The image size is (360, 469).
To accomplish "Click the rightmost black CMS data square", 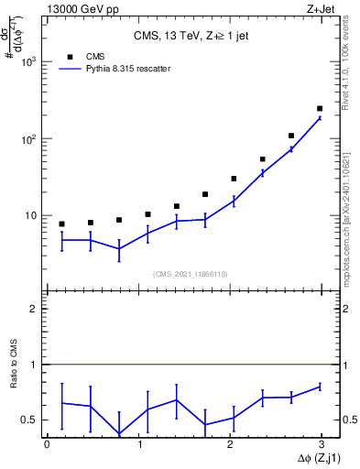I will [320, 108].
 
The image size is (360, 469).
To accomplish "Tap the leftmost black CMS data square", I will [61, 224].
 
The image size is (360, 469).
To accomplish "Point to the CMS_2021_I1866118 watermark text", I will [191, 272].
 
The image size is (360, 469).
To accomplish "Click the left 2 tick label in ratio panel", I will [34, 309].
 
